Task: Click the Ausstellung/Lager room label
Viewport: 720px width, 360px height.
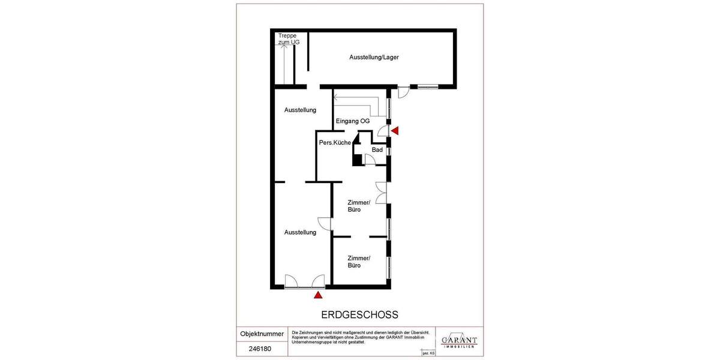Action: (374, 58)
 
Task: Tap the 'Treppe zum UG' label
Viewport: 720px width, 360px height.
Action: (289, 40)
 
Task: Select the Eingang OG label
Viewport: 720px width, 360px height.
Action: (352, 121)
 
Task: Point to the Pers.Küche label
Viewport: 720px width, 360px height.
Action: (335, 143)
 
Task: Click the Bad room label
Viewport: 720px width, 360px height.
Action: (377, 150)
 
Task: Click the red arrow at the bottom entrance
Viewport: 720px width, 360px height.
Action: (318, 294)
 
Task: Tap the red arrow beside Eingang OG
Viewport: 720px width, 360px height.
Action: (394, 131)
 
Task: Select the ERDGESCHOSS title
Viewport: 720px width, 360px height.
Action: (359, 314)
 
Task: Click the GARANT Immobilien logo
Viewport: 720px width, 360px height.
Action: (459, 340)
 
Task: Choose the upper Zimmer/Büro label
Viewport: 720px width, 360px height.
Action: (359, 206)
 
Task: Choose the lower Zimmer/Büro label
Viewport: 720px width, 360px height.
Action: (359, 262)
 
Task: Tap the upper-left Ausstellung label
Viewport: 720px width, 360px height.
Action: (300, 110)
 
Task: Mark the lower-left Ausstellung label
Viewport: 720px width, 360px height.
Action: (300, 232)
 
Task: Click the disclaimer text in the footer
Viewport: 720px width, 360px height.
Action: (360, 337)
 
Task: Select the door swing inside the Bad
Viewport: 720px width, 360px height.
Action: (370, 158)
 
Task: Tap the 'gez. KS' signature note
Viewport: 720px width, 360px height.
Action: (428, 353)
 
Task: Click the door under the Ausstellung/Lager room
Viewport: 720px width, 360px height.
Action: (403, 92)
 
